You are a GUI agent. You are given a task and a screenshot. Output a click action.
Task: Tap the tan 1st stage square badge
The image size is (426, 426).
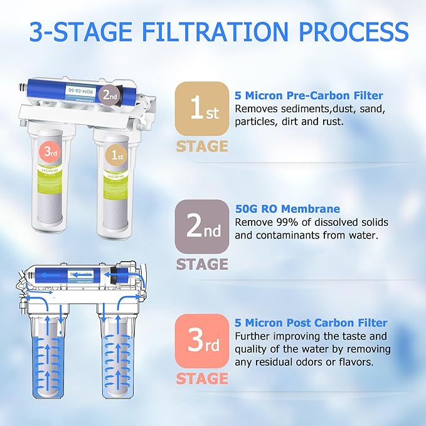(x=202, y=108)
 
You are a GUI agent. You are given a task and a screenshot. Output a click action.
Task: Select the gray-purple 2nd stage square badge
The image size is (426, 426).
(x=202, y=226)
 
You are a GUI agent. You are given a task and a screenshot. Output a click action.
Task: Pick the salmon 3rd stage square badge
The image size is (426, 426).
(x=202, y=341)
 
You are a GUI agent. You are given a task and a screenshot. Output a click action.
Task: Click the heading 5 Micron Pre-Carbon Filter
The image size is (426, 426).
(x=308, y=96)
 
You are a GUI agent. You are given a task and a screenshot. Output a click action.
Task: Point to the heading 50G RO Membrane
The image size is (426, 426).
(x=287, y=209)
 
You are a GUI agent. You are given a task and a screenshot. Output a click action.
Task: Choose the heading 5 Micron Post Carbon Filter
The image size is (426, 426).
(x=311, y=323)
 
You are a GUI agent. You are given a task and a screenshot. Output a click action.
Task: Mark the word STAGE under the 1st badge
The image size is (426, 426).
(x=202, y=146)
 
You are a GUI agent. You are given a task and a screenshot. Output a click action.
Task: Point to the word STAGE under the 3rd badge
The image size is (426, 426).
(x=202, y=379)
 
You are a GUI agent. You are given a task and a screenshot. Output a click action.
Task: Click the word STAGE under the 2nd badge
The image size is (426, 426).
(x=202, y=264)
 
